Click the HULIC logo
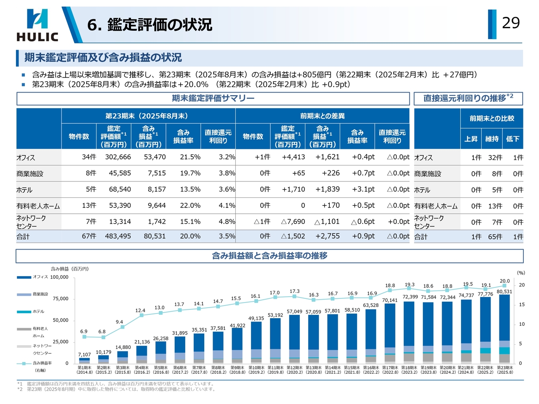tap(37, 25)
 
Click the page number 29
tap(511, 23)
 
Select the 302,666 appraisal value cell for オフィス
tap(118, 157)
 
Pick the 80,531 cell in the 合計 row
tap(155, 236)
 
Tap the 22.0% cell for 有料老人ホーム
tap(190, 205)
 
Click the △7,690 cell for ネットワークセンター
tap(293, 222)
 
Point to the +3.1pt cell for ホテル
tap(363, 189)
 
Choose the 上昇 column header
tap(471, 139)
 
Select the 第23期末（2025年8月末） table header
tap(147, 116)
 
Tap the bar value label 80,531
tap(504, 292)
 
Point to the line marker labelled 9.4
tap(122, 327)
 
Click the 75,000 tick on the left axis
tap(60, 299)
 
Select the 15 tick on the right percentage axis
tap(522, 305)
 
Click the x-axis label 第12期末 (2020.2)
tap(294, 370)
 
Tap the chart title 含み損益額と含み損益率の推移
tap(269, 256)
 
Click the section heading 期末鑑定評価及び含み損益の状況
tap(103, 58)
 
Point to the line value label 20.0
tap(504, 281)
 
